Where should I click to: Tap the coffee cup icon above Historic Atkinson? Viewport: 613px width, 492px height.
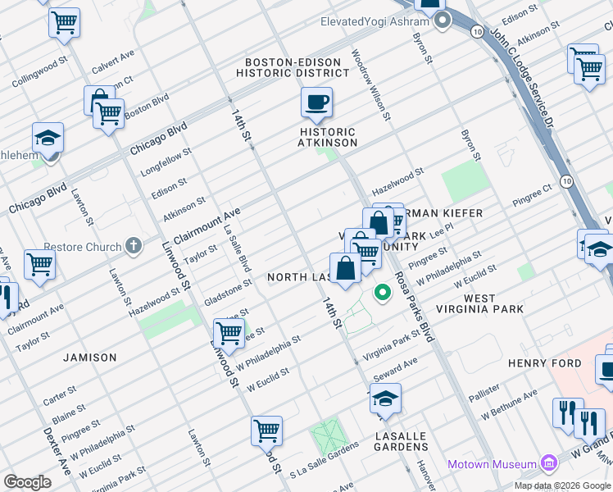316,103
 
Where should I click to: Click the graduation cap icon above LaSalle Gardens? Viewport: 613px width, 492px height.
384,399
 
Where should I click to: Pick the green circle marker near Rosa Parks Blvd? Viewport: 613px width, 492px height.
382,292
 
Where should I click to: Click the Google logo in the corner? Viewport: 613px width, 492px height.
27,482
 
